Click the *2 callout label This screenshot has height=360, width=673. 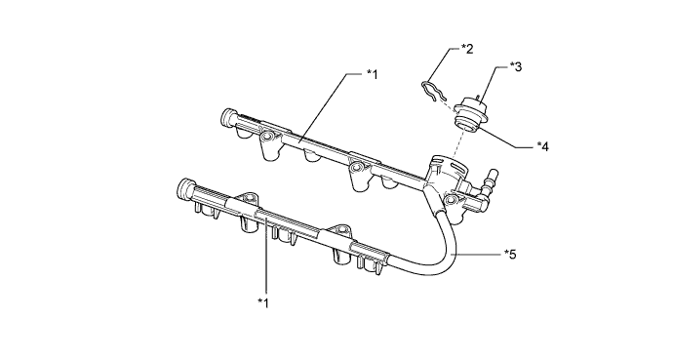point(467,49)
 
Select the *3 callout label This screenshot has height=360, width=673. point(516,66)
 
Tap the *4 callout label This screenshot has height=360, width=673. point(542,146)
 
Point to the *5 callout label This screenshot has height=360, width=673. point(510,254)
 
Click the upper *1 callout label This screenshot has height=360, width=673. point(372,74)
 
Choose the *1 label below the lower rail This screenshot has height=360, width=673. point(263,303)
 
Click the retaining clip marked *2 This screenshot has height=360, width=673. point(432,92)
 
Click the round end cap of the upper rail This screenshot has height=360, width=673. point(227,117)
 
